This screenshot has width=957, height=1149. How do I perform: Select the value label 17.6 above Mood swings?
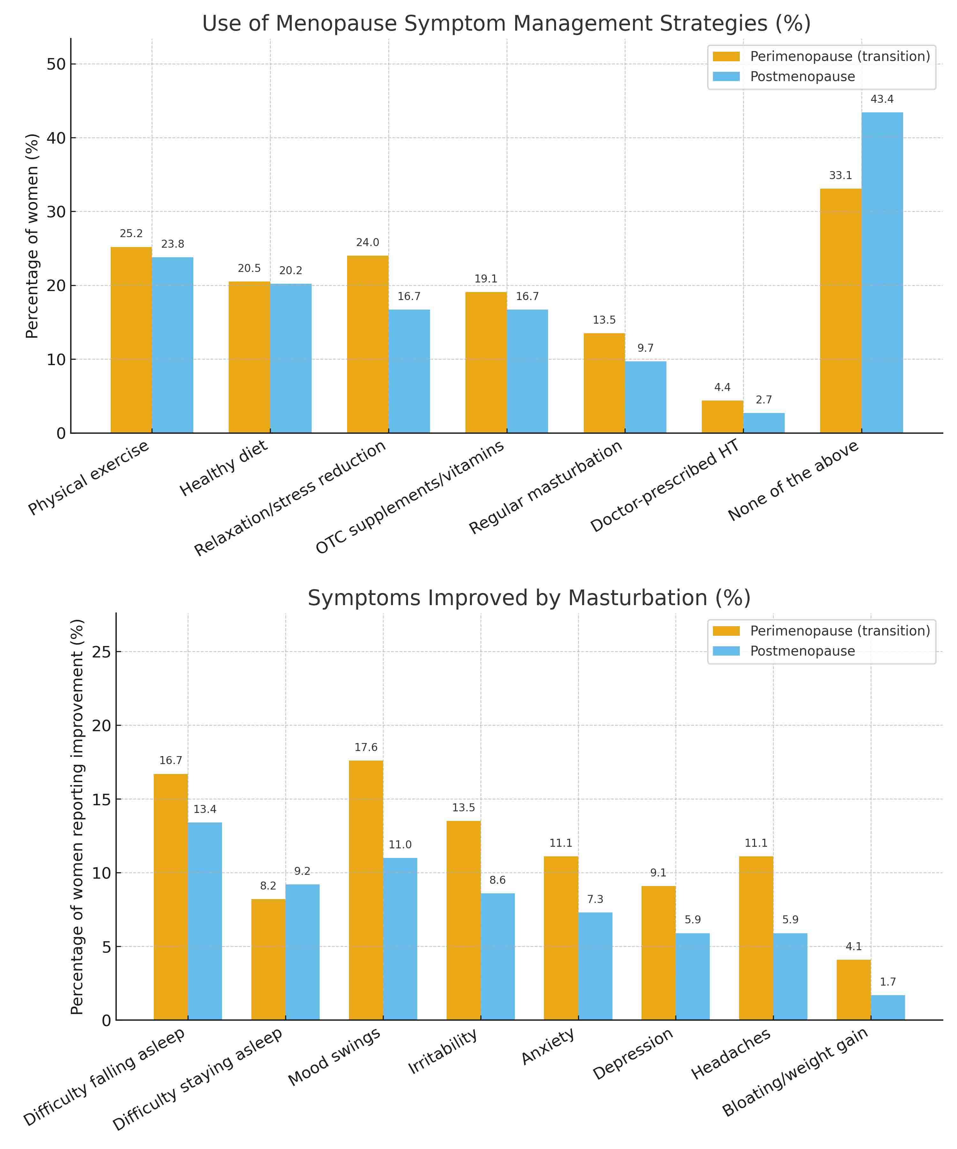[366, 747]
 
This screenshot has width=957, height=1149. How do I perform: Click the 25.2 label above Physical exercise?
[131, 234]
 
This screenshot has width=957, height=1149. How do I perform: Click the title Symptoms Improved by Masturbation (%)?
[529, 598]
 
